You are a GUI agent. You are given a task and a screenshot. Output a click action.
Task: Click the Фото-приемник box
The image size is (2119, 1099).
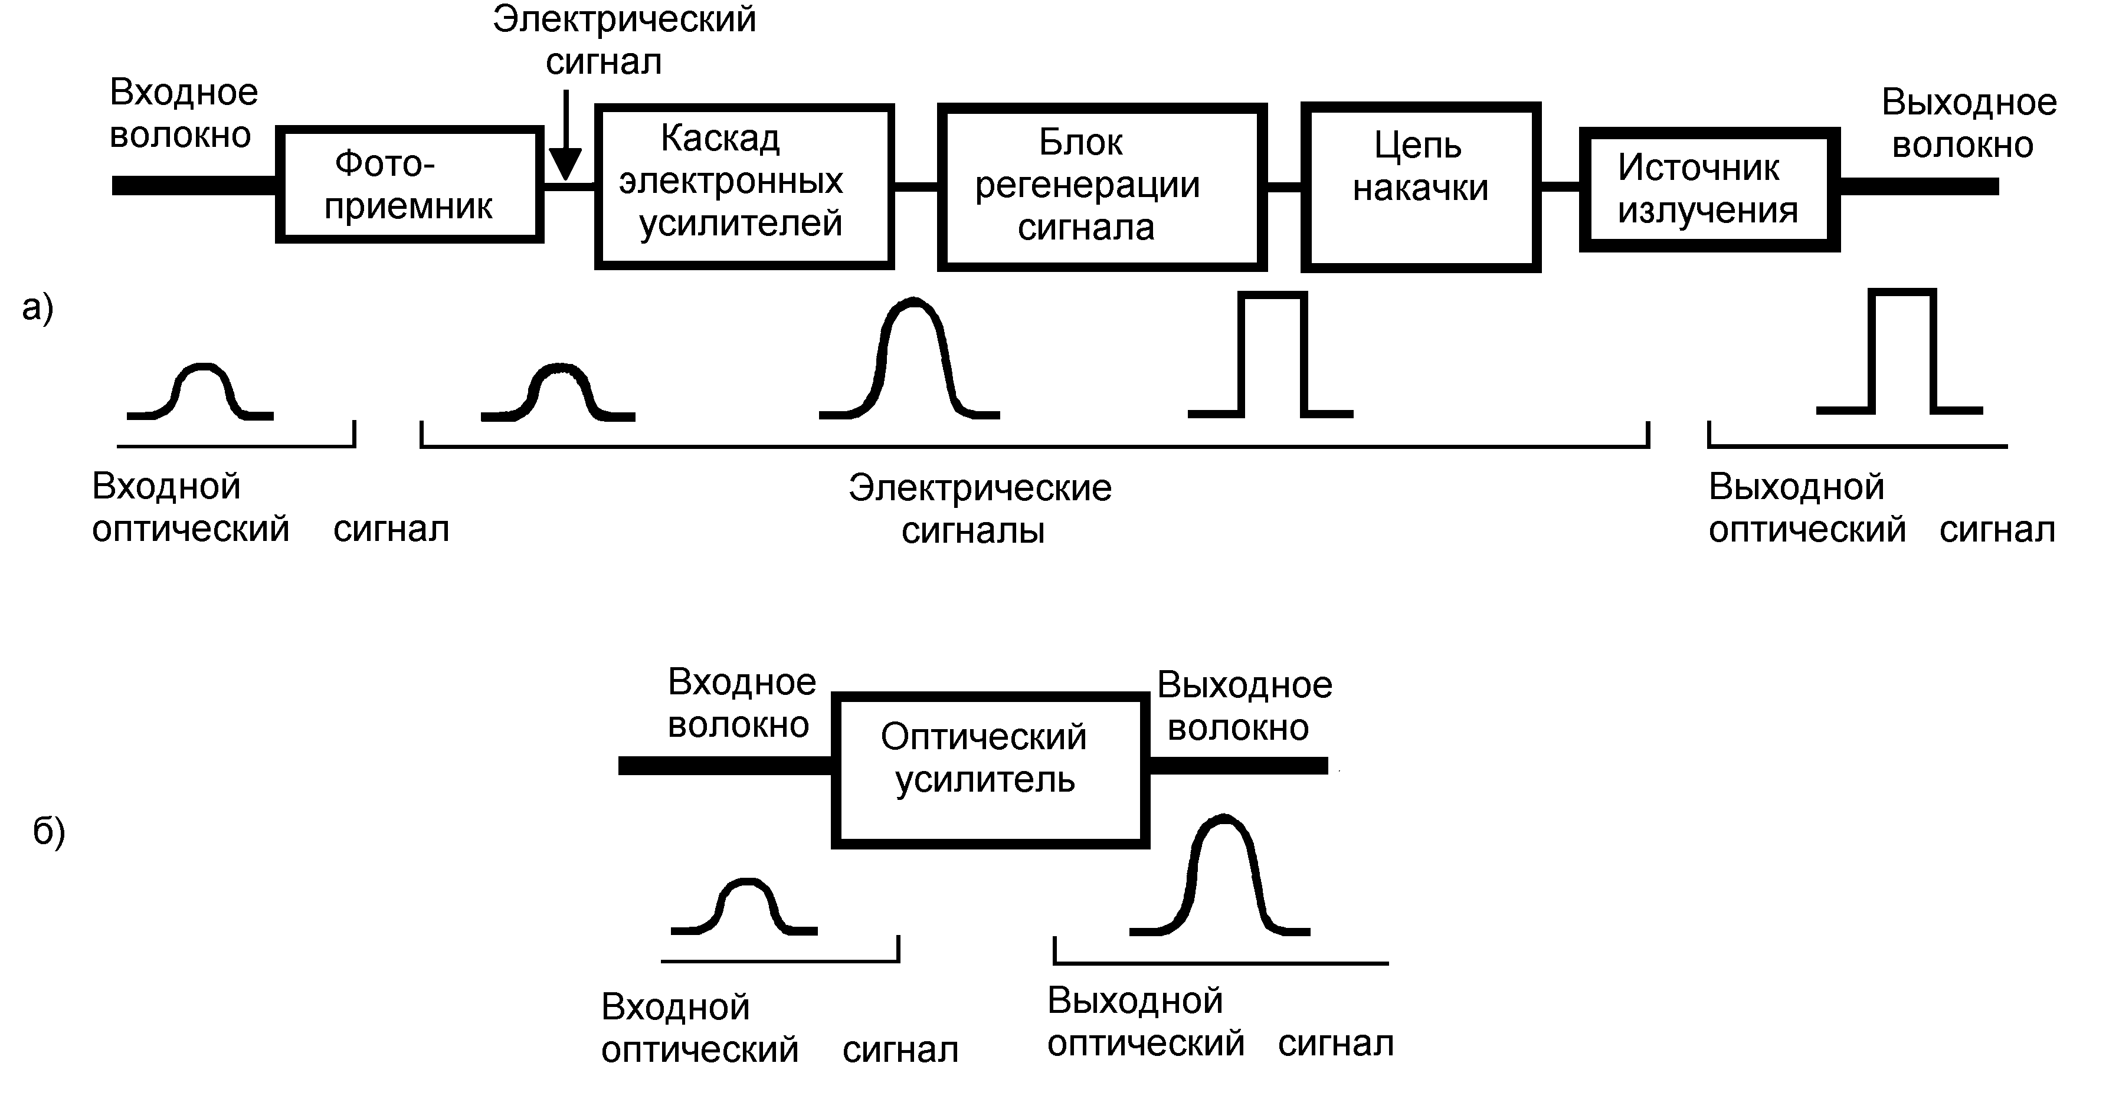coord(409,184)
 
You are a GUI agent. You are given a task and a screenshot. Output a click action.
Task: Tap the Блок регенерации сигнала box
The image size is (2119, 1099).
coord(1102,187)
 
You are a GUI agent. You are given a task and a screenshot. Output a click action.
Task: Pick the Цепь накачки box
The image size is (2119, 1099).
coord(1420,187)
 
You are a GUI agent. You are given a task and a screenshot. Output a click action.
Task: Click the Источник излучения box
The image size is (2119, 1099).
coord(1708,189)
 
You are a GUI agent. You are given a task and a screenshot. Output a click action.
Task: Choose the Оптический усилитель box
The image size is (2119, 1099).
coord(990,770)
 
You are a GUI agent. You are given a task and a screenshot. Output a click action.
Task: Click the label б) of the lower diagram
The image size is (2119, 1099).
coord(48,831)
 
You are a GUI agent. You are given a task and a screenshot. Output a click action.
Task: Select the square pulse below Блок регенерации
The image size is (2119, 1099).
coord(1271,355)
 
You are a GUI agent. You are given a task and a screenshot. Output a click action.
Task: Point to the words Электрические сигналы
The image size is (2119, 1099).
coord(979,509)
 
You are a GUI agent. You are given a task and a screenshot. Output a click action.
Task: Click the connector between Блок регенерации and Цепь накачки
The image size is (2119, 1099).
coord(1283,187)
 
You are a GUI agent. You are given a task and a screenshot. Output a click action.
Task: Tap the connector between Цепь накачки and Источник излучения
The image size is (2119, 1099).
coord(1560,187)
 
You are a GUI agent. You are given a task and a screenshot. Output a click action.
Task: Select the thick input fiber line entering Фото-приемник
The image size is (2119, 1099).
coord(194,186)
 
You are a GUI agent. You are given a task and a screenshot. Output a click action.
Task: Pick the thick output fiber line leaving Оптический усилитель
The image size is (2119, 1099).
coord(1237,766)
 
